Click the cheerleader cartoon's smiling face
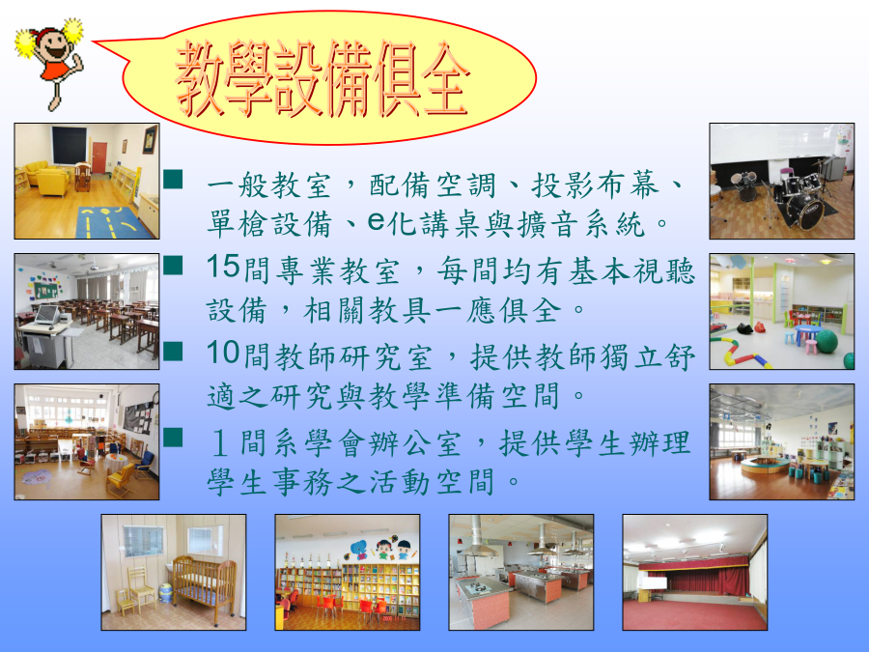tap(53, 44)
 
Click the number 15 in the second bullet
tap(223, 267)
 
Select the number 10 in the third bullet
tap(223, 353)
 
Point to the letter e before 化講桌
tap(376, 222)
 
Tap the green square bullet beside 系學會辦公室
tap(174, 437)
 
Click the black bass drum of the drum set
tap(803, 211)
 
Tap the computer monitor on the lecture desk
tap(46, 315)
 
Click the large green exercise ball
tap(827, 342)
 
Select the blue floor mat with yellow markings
tap(113, 223)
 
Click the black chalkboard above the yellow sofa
tap(70, 145)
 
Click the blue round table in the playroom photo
tap(808, 332)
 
